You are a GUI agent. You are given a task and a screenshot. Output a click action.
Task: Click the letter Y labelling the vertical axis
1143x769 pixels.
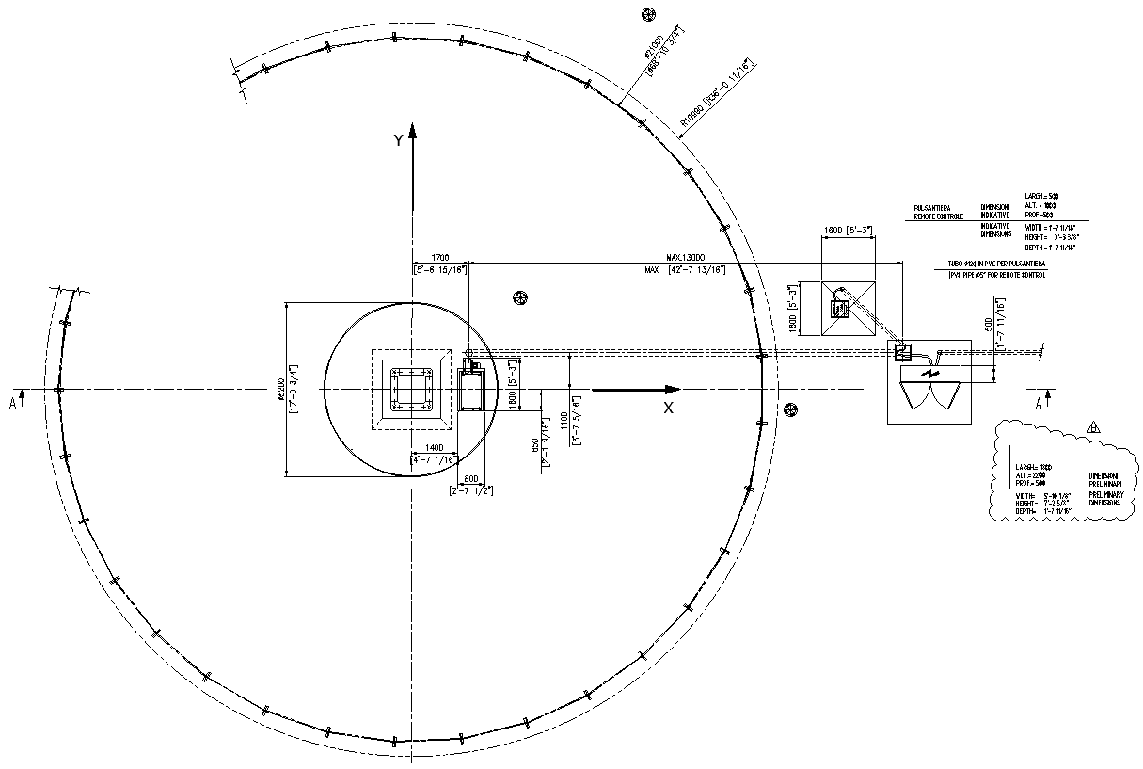tap(399, 140)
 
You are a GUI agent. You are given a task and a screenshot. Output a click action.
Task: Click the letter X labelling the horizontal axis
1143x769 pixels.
tap(669, 408)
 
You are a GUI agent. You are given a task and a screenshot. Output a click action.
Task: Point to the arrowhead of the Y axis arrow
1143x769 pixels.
tap(412, 130)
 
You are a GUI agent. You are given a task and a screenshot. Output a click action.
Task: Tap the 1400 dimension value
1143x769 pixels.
tap(434, 448)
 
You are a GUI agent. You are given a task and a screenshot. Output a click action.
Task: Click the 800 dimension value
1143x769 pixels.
tap(471, 477)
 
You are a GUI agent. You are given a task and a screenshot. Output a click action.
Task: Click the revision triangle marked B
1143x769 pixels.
tap(1092, 426)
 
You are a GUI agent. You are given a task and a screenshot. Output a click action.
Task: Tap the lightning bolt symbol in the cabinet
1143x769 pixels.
tap(930, 375)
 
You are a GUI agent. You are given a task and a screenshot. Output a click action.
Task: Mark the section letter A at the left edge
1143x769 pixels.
tap(12, 402)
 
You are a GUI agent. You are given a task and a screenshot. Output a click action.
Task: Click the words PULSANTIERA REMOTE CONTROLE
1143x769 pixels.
tap(938, 212)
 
